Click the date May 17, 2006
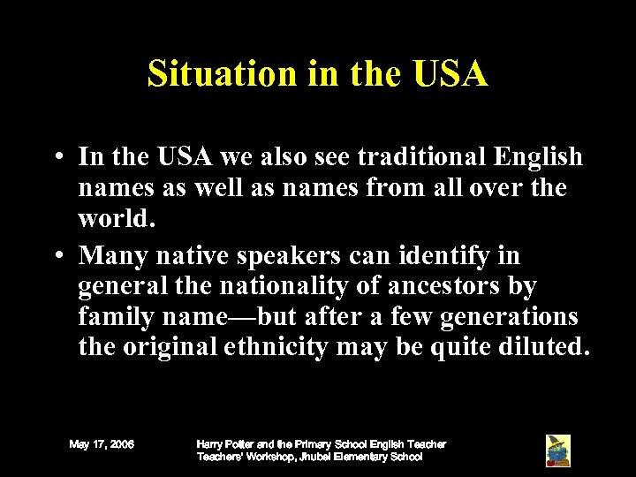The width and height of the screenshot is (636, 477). pos(102,444)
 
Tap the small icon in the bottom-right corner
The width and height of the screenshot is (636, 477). pos(557,450)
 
